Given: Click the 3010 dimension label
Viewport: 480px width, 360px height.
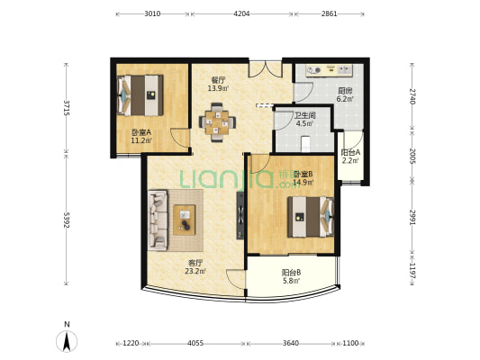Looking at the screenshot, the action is (x=152, y=13).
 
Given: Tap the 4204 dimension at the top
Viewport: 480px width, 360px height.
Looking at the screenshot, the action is (x=241, y=13).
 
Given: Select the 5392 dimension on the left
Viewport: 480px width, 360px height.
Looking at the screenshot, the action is (x=67, y=220).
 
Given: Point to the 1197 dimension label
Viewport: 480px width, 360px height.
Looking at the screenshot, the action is (x=412, y=271).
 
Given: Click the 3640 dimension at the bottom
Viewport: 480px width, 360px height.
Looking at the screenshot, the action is (x=291, y=343).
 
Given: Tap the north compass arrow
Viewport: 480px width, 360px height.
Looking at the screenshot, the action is (x=67, y=341).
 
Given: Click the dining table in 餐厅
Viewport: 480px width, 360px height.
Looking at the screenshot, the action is (x=217, y=122).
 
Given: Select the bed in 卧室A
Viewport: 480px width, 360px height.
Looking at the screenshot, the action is (x=140, y=95).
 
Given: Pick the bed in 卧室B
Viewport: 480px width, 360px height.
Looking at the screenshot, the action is (x=311, y=217).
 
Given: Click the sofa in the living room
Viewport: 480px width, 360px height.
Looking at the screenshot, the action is (x=158, y=220).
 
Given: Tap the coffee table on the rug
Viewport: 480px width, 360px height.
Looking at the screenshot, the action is (x=185, y=220).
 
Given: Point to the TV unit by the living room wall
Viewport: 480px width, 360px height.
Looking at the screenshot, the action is (x=240, y=215).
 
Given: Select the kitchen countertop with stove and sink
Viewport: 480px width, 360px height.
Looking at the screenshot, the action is (x=330, y=70).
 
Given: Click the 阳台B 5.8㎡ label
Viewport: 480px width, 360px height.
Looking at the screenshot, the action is (x=291, y=276).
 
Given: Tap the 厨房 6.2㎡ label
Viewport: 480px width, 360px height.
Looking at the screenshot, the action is (x=345, y=94).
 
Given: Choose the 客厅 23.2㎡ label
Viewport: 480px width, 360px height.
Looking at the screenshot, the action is (x=195, y=266).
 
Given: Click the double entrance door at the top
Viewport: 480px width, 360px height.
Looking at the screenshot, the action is (x=265, y=68).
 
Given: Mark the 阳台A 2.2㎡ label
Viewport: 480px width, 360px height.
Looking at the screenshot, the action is (x=350, y=156).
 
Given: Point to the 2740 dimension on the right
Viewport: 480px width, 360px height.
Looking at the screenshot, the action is (x=412, y=96).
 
